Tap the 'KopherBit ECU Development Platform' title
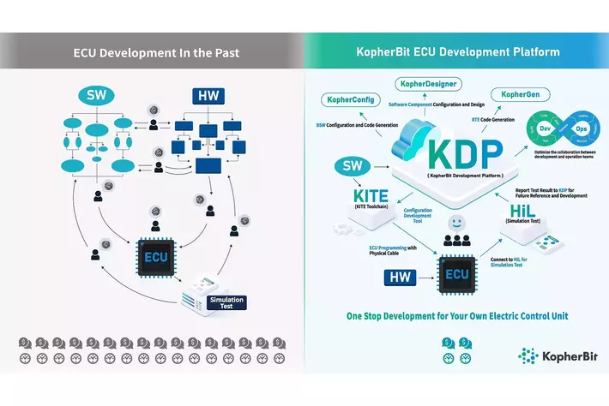coord(458,52)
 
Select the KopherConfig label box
coord(352,99)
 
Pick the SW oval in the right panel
coord(350,164)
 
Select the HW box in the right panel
coord(398,277)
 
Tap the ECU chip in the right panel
coord(456,274)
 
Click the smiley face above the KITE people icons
coord(457,223)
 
